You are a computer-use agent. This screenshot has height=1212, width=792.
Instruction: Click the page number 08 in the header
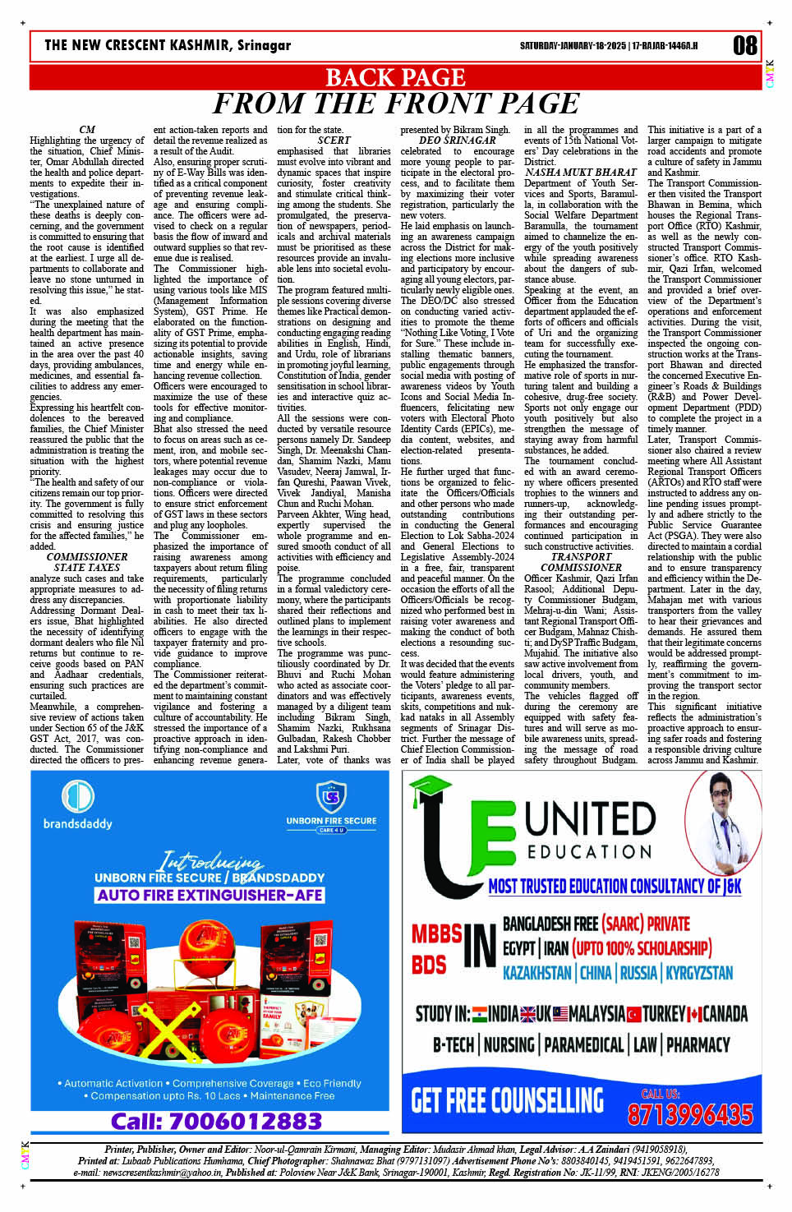744,45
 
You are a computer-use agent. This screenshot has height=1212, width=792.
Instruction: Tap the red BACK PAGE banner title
396,77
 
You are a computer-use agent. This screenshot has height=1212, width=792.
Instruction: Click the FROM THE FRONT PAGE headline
396,104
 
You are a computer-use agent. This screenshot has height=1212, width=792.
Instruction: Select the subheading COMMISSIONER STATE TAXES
87,562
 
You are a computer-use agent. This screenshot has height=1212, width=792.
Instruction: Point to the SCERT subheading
334,141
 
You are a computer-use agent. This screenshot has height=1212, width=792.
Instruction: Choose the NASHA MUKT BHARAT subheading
581,173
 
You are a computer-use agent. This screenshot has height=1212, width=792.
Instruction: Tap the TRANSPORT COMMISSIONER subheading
581,562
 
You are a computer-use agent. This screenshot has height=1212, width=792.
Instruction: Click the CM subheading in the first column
87,130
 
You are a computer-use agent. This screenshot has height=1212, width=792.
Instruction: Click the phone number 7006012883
216,1121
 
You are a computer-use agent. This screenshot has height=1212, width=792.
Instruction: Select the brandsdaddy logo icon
78,797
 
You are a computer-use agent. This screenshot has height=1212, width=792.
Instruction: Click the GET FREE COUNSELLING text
507,1099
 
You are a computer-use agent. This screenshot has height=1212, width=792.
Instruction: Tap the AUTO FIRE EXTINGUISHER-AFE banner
210,895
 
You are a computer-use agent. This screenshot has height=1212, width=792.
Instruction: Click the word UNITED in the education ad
590,818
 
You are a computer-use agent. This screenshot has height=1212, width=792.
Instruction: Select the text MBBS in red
436,934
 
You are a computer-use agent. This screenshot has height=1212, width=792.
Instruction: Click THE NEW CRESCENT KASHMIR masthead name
168,45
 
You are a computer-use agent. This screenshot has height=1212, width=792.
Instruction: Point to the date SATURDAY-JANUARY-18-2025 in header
573,46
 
